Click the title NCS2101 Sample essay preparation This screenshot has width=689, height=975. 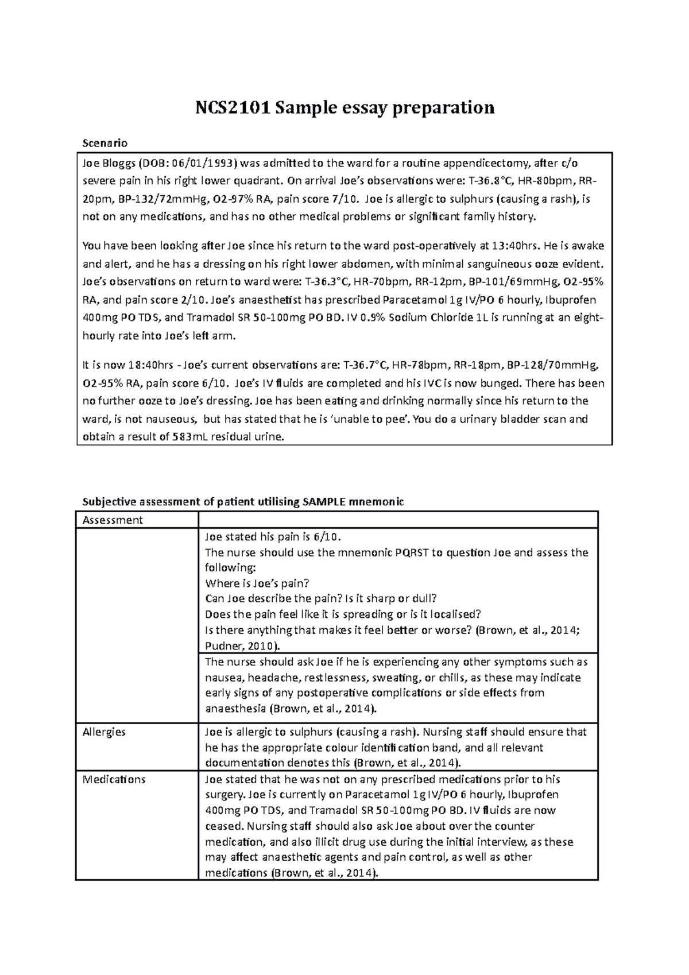344,107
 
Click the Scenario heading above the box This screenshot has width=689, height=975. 105,142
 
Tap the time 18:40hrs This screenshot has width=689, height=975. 146,365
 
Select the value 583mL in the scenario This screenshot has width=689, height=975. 191,437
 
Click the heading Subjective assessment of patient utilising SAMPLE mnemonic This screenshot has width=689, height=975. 243,501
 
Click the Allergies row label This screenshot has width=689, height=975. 104,732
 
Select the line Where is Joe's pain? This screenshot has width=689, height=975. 257,583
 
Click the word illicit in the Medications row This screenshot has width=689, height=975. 326,842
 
